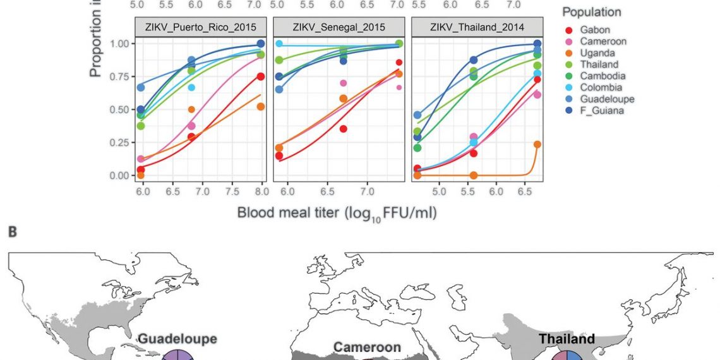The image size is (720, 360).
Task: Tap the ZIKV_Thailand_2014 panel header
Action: click(476, 27)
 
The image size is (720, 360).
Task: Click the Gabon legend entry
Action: click(594, 30)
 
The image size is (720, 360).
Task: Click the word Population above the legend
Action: click(592, 12)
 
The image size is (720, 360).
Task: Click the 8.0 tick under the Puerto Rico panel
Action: click(260, 191)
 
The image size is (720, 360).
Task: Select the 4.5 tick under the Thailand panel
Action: click(411, 191)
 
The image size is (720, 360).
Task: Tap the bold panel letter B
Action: click(11, 233)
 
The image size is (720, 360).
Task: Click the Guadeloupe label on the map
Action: click(177, 339)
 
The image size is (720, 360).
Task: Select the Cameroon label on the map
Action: click(367, 347)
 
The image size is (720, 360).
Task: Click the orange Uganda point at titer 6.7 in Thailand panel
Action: click(537, 145)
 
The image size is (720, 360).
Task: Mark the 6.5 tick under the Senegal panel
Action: click(327, 191)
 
